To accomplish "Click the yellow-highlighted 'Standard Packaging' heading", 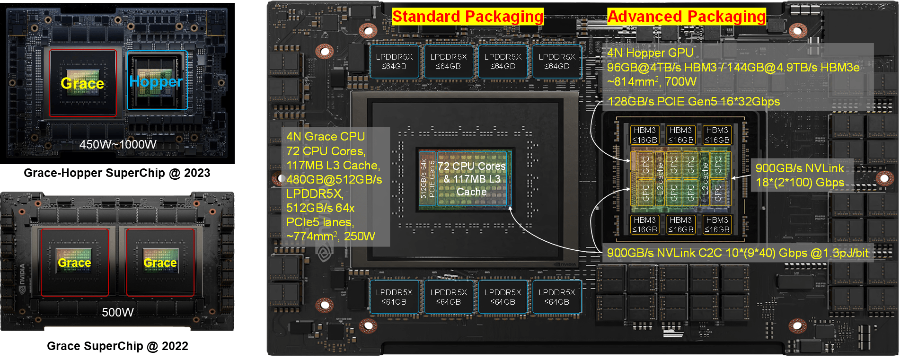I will coord(468,17).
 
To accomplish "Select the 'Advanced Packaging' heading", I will coord(686,17).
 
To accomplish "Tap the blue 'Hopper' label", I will coord(156,82).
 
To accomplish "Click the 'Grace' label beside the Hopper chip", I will coord(82,84).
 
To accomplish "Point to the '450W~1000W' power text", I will coord(118,145).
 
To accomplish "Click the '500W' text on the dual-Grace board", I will coord(118,312).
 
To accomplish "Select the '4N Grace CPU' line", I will coord(326,137).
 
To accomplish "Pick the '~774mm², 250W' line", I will coord(330,236).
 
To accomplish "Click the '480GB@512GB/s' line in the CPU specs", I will coord(334,180).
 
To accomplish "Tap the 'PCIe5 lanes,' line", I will coord(320,222).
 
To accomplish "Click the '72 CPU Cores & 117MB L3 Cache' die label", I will coord(471,179).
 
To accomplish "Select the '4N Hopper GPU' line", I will coord(650,53).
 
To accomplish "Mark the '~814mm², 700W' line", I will coord(652,82).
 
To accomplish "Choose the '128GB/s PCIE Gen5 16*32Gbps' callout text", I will coord(693,102).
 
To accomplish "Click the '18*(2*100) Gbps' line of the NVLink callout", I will coord(800,183).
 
